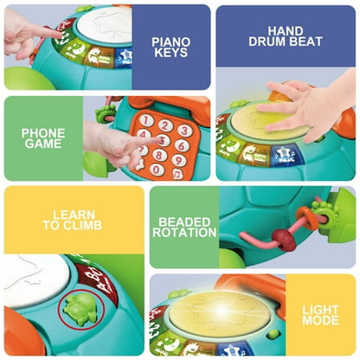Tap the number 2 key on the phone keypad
(x=165, y=125)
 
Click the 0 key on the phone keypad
(x=157, y=170)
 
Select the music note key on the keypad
(x=177, y=174)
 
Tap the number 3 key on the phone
(x=185, y=131)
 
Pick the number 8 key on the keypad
(x=159, y=155)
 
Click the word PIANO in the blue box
(x=171, y=42)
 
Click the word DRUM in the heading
(x=266, y=42)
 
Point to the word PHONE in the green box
(x=43, y=133)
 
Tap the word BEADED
(x=184, y=222)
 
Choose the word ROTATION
(x=184, y=233)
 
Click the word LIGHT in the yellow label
(x=320, y=310)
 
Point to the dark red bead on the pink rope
(x=284, y=240)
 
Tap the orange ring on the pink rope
(x=306, y=217)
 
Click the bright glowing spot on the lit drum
(x=222, y=310)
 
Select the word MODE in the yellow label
(x=320, y=320)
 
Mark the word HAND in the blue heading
(x=286, y=31)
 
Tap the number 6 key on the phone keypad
(x=182, y=145)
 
